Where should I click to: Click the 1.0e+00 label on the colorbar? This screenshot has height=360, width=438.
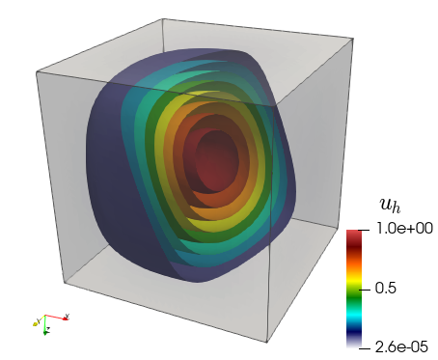404,229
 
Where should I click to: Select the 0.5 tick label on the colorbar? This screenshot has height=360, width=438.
385,289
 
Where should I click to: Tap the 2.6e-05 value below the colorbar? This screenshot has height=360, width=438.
401,347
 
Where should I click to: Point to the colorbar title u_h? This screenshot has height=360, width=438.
391,205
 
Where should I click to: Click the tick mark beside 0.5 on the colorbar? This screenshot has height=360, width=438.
366,290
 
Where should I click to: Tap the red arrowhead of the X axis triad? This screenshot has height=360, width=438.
66,318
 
